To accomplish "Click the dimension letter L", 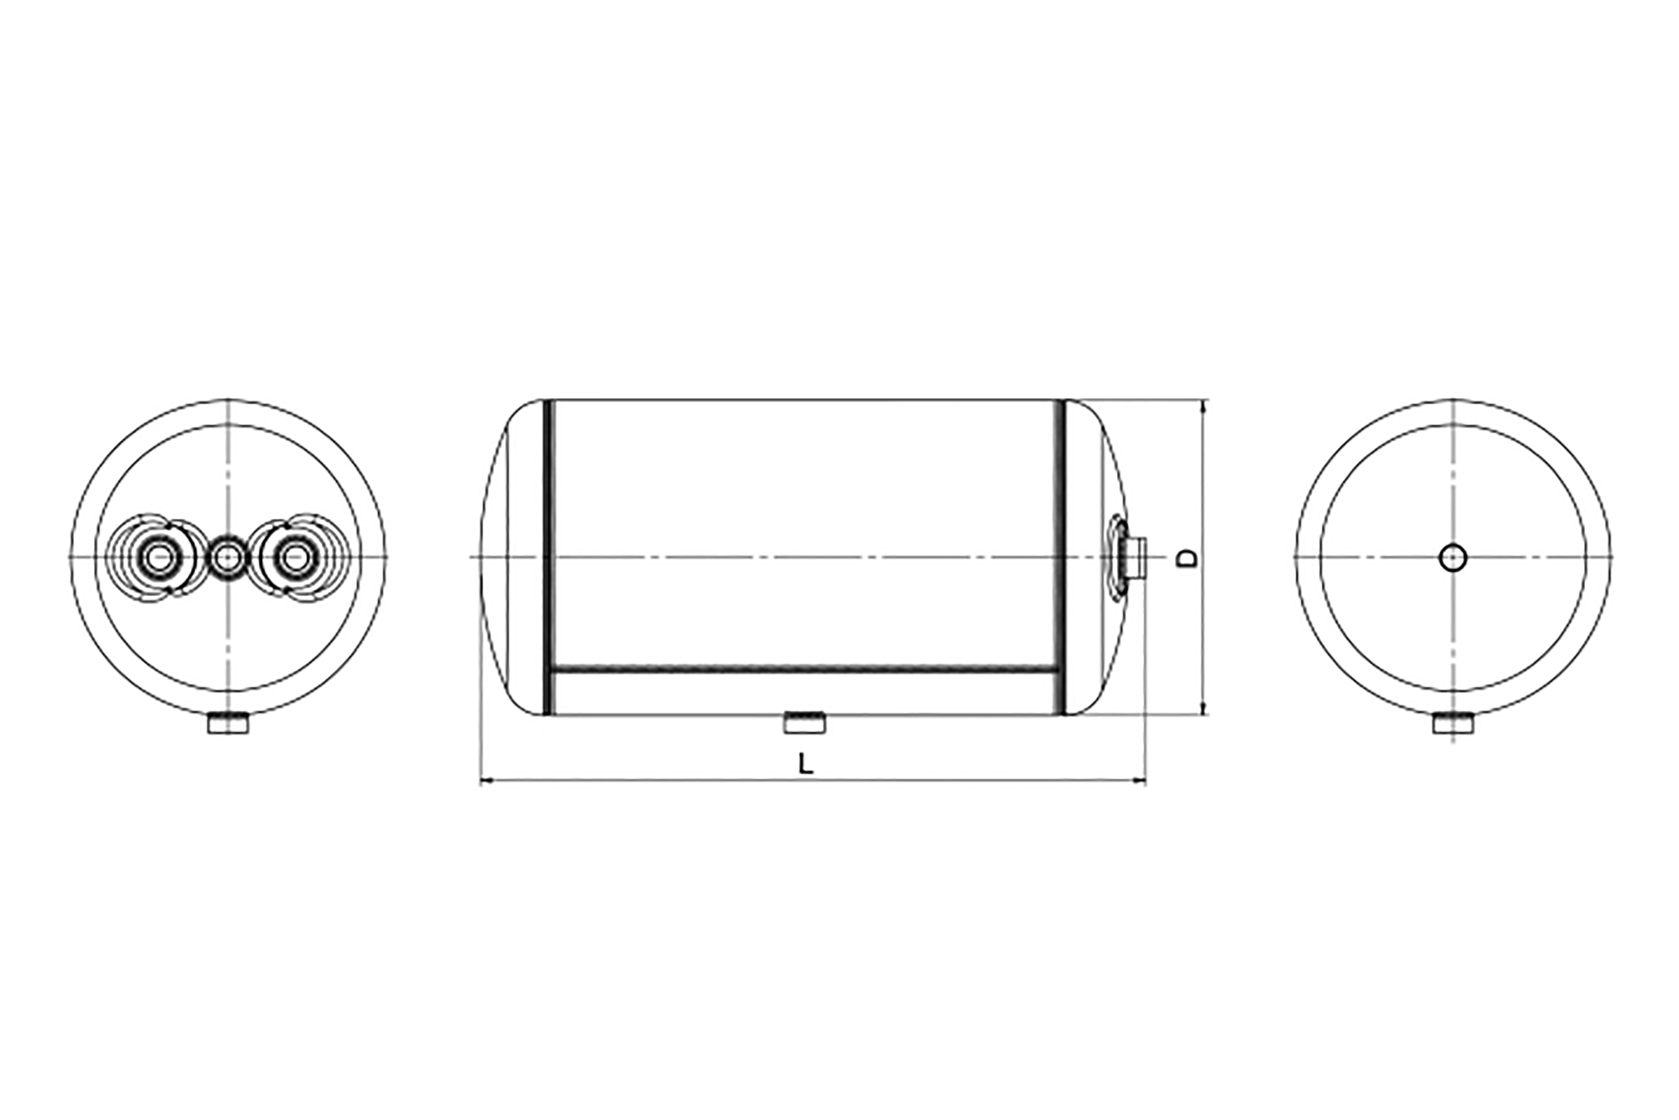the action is (806, 765).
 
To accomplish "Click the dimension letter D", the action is (1186, 558).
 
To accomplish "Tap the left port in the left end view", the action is (159, 558).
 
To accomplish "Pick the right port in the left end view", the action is (293, 558).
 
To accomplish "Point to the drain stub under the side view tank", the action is (805, 723).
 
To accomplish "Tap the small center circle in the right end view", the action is (1454, 558).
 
